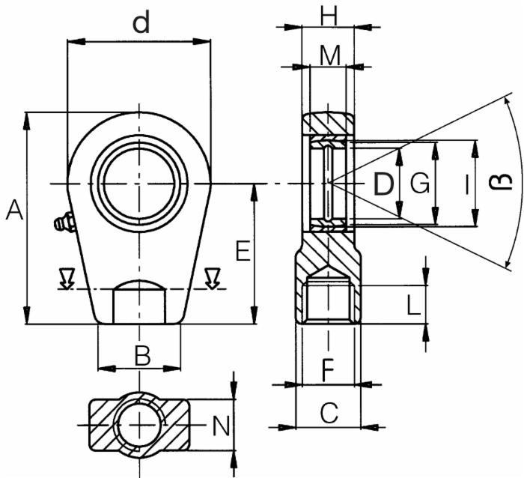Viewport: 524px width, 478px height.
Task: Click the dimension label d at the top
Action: [141, 23]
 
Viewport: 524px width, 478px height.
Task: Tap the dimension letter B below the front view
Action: [141, 356]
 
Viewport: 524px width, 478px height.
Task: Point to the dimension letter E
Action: [242, 252]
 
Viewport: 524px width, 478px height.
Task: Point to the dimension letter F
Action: [327, 369]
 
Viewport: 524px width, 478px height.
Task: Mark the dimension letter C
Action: [329, 411]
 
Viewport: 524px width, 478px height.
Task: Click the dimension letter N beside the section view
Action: [220, 426]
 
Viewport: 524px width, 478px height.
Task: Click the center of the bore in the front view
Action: [139, 184]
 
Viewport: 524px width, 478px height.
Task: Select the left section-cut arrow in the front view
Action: [67, 279]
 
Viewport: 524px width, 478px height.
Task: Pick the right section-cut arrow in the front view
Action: [213, 279]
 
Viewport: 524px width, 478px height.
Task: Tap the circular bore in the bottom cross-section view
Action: [139, 425]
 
